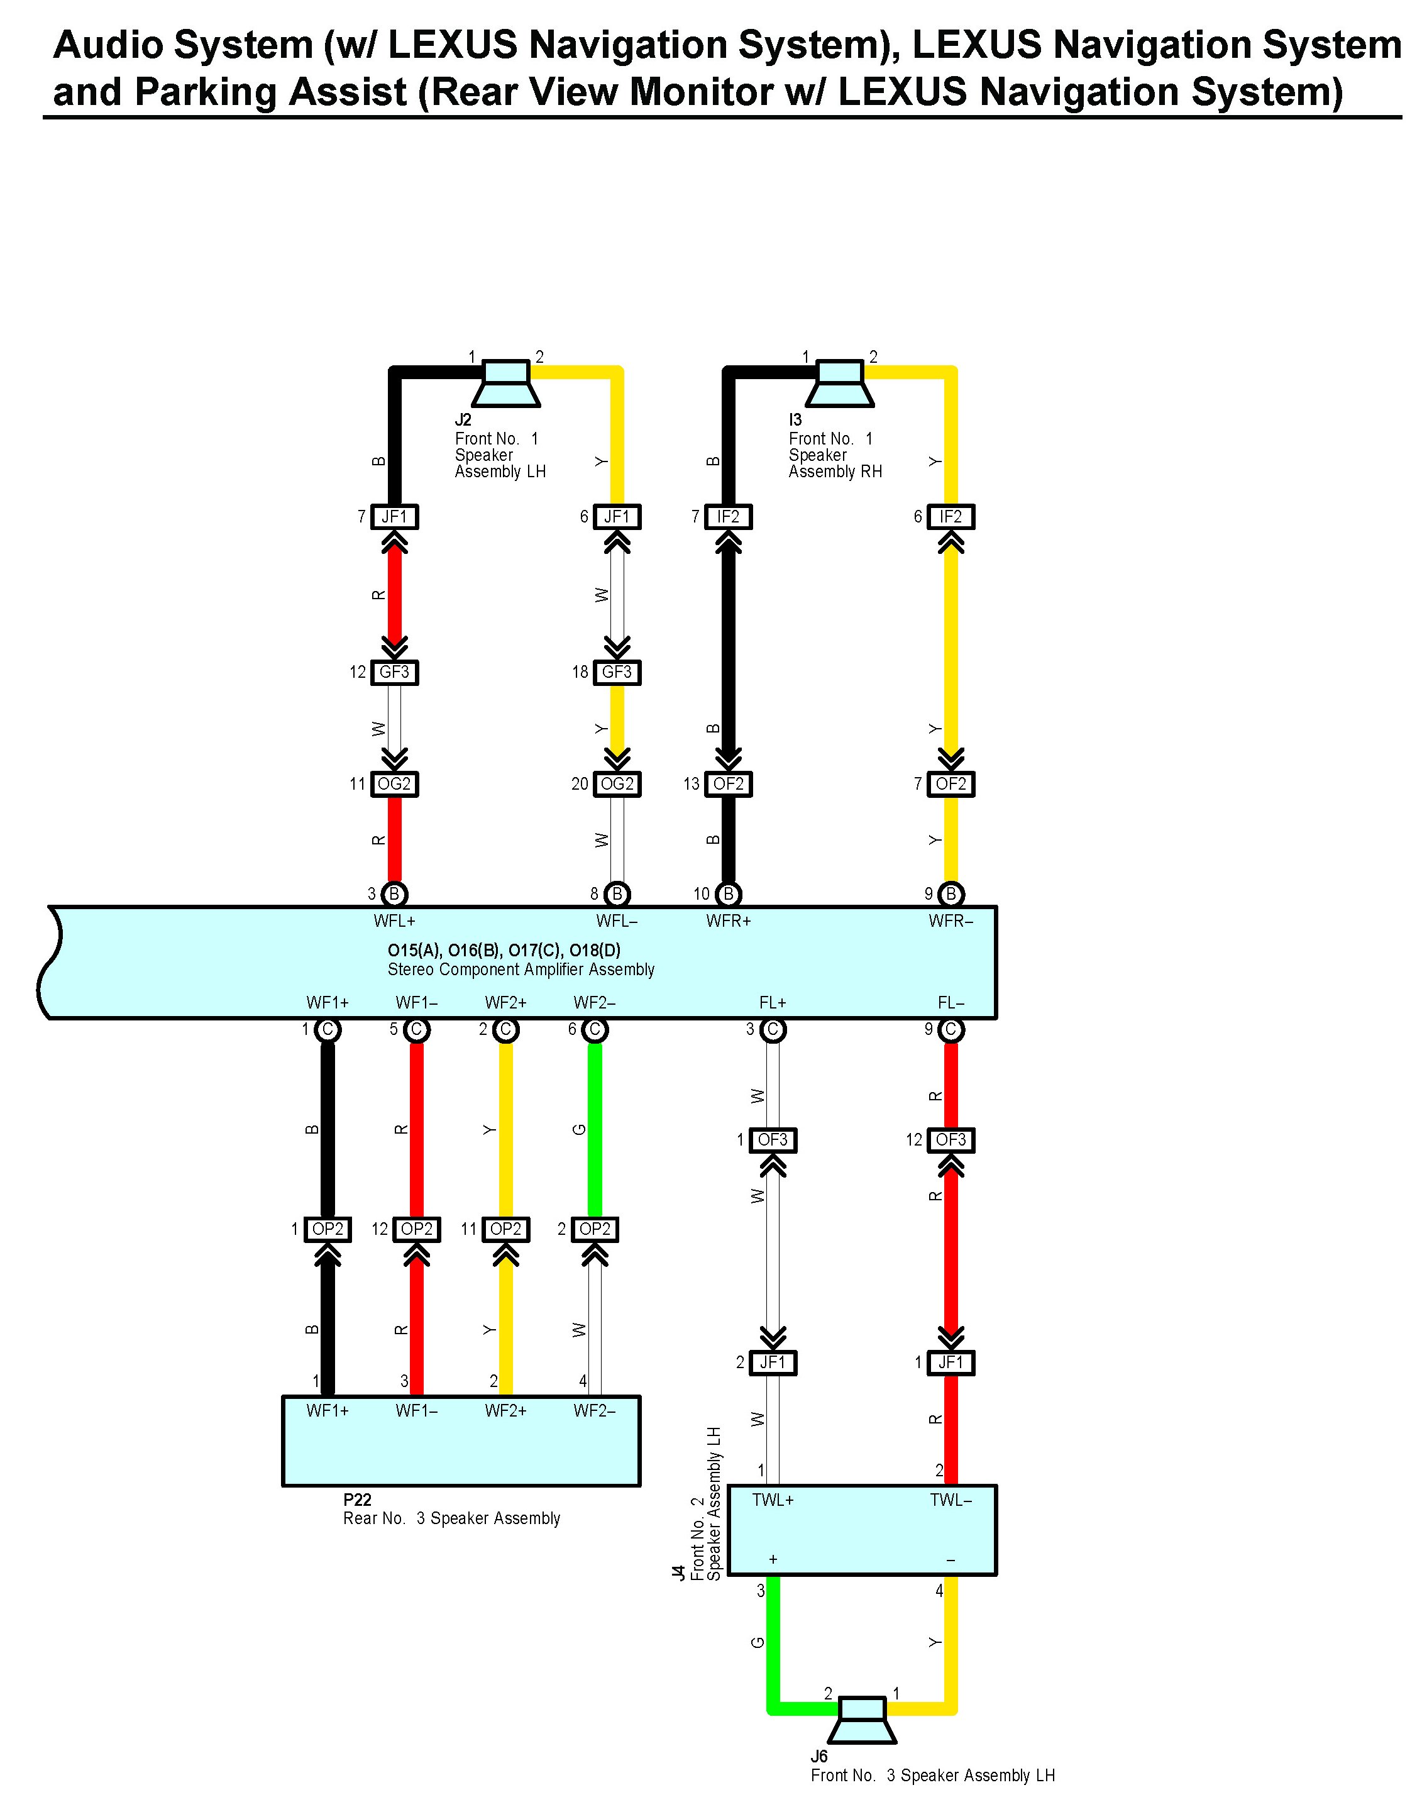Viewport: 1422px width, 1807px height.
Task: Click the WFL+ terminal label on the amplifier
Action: (x=395, y=921)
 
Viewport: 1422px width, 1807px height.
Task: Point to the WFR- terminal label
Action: (x=951, y=921)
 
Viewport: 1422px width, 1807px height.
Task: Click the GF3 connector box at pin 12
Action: (x=395, y=672)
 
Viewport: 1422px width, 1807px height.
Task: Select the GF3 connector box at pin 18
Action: (x=617, y=672)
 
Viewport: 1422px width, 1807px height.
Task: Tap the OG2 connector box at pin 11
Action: (x=395, y=783)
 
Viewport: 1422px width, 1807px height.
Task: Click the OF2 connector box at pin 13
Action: (x=729, y=783)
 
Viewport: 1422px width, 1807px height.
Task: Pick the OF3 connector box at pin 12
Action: (x=951, y=1140)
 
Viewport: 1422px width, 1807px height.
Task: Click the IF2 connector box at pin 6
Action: (x=951, y=517)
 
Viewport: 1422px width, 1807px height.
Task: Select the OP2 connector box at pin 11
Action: (x=505, y=1229)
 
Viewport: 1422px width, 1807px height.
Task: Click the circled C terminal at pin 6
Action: (x=595, y=1030)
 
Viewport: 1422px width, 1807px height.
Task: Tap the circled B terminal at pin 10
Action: (x=729, y=894)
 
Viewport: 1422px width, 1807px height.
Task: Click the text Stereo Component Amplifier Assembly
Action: (x=521, y=970)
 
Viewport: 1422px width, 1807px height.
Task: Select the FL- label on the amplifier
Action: (x=951, y=1003)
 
